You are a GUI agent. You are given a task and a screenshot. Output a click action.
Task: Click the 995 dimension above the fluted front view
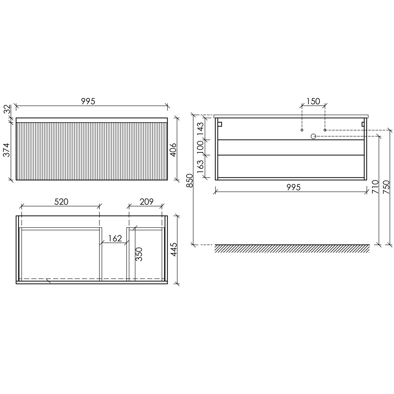click(88, 101)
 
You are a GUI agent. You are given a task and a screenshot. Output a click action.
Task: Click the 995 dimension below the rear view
click(294, 187)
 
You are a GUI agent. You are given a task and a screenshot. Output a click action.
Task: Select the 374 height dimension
click(6, 150)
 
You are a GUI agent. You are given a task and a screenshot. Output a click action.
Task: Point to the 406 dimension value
click(173, 150)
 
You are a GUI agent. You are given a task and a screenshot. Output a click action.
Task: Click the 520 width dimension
click(61, 202)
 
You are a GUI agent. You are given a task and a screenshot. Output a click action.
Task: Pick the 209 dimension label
click(147, 202)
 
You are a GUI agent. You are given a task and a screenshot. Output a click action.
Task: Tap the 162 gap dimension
click(115, 238)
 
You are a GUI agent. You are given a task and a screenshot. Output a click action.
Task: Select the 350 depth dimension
click(139, 254)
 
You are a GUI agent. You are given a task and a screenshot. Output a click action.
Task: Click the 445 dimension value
click(174, 249)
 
